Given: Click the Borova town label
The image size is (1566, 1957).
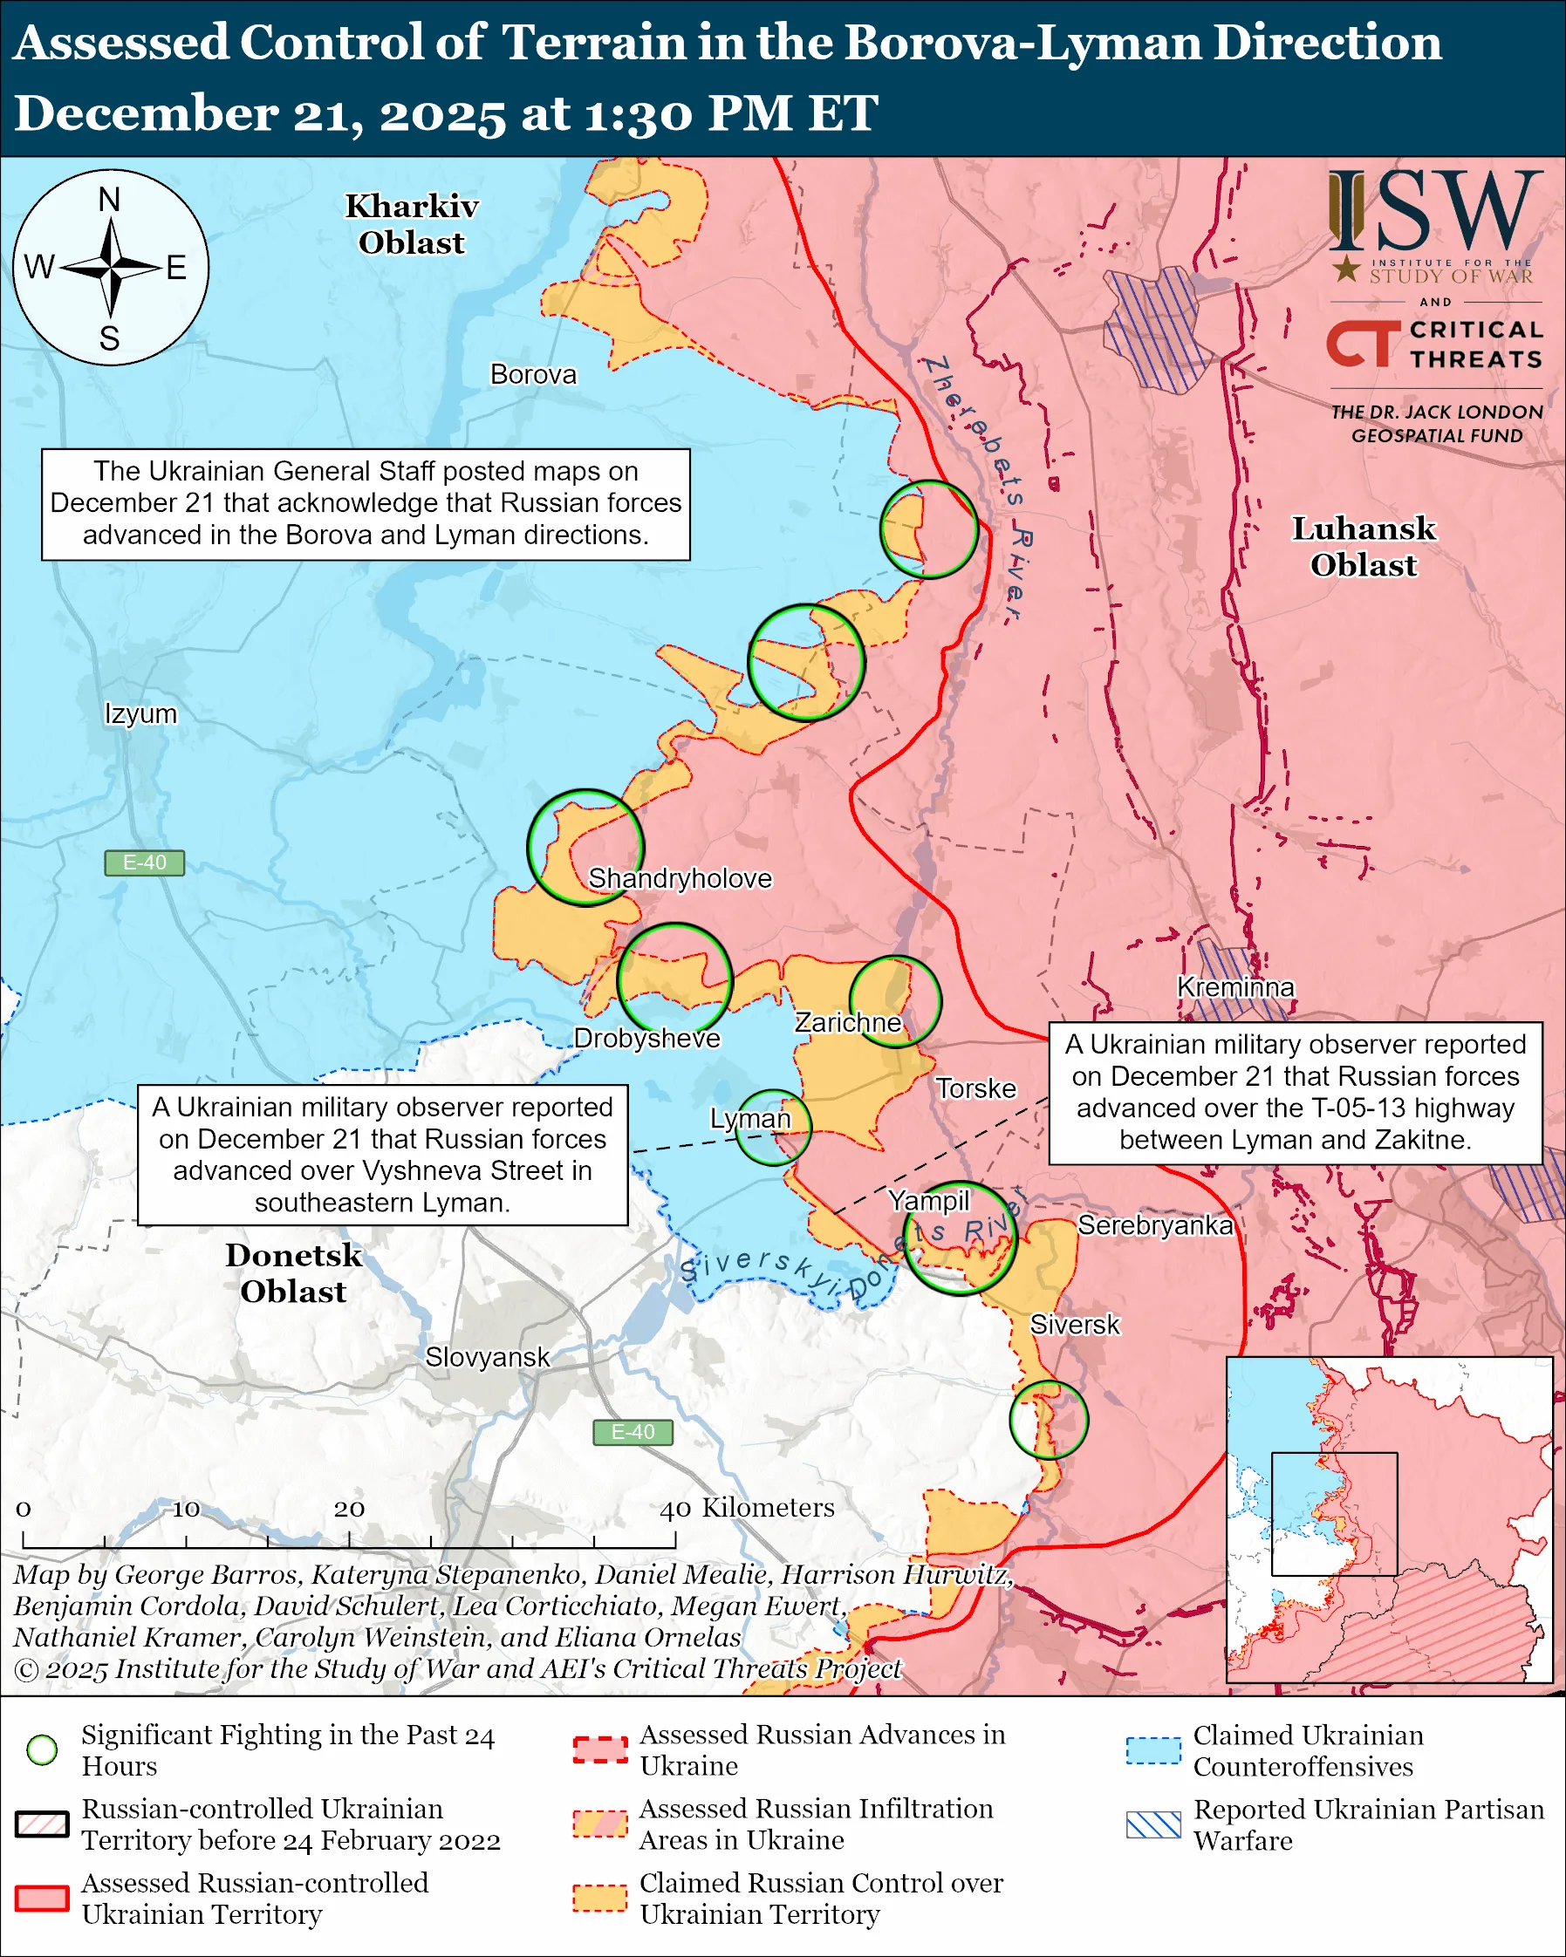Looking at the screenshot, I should (x=533, y=374).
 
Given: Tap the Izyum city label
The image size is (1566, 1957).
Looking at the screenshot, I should (x=140, y=713).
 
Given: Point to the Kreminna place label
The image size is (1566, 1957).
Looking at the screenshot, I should (x=1235, y=986).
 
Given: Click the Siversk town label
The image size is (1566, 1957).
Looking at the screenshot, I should (x=1075, y=1325).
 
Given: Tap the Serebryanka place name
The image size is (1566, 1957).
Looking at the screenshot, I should (x=1155, y=1225).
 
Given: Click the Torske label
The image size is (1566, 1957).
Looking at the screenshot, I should (x=976, y=1088).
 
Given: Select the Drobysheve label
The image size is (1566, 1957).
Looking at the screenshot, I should (x=646, y=1038).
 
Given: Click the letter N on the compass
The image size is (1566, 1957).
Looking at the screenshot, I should (x=110, y=200).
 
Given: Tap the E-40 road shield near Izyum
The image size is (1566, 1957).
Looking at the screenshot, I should (x=144, y=863).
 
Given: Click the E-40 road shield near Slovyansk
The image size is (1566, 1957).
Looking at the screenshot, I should (x=633, y=1431).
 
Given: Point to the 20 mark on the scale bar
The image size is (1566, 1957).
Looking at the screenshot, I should (x=349, y=1509).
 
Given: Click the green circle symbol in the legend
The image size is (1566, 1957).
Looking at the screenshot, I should (x=43, y=1749).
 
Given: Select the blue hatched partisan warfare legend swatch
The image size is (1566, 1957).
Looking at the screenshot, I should (x=1153, y=1824).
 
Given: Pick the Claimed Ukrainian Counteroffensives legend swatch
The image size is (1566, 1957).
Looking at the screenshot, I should (x=1153, y=1750).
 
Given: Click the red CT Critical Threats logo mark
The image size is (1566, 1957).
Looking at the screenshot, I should (x=1362, y=344).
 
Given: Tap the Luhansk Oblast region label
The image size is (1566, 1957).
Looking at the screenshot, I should (x=1364, y=547).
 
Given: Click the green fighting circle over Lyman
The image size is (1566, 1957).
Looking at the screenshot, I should (x=773, y=1127).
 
